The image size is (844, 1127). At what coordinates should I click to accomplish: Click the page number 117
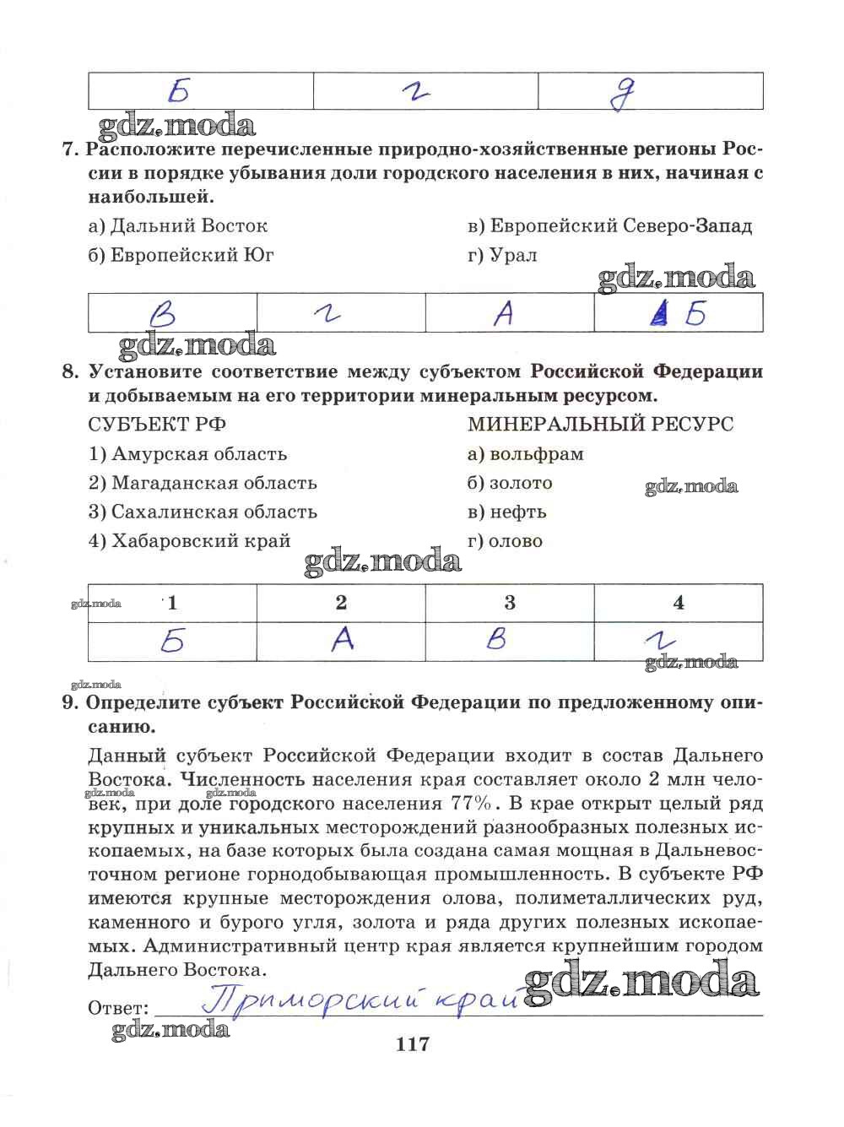[412, 1044]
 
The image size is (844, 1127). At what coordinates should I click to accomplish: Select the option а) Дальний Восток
[178, 225]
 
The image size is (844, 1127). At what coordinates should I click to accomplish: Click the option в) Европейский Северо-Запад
[609, 225]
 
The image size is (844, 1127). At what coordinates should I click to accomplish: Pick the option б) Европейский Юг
[181, 255]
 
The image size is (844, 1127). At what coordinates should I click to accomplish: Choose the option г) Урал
[502, 255]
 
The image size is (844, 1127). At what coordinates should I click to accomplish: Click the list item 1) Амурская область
[187, 454]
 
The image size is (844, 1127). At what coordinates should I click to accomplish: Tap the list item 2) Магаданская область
[203, 483]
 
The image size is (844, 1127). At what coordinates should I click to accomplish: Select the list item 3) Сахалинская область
[203, 512]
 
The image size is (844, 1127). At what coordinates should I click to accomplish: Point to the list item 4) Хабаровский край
[189, 541]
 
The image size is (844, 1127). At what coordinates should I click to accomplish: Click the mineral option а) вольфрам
[525, 454]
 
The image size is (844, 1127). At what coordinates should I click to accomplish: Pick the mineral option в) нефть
[507, 512]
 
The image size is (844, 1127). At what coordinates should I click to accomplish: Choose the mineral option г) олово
[505, 541]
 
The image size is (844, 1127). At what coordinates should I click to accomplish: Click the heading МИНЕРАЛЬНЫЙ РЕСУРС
[600, 424]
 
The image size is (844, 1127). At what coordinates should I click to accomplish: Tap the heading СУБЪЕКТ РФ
[157, 424]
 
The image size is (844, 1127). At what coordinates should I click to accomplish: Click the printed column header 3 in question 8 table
[510, 603]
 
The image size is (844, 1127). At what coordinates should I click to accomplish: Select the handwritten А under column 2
[341, 641]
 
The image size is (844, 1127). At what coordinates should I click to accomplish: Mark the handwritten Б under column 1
[172, 642]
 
